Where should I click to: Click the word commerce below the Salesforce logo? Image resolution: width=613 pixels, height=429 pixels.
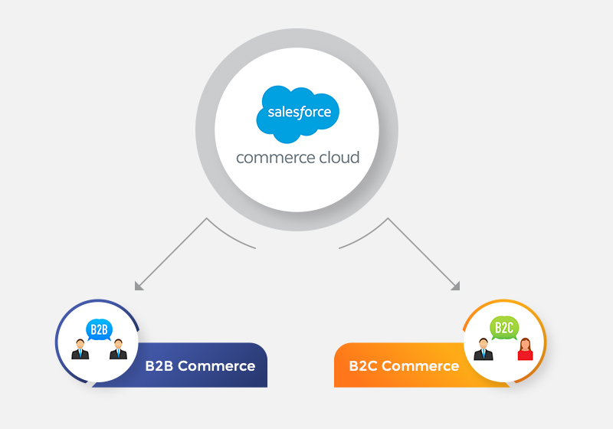pos(274,158)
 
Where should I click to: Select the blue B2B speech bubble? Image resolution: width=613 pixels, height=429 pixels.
pos(100,330)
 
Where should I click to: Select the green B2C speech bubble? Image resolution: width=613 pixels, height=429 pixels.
pos(503,329)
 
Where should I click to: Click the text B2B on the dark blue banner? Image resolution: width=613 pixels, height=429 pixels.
pos(159,366)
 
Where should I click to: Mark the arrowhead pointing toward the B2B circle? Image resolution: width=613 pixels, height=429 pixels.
pos(139,287)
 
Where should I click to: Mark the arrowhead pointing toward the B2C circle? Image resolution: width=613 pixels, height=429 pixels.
pos(455,287)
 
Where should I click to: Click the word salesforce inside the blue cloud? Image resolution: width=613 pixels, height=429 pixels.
pos(299,113)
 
